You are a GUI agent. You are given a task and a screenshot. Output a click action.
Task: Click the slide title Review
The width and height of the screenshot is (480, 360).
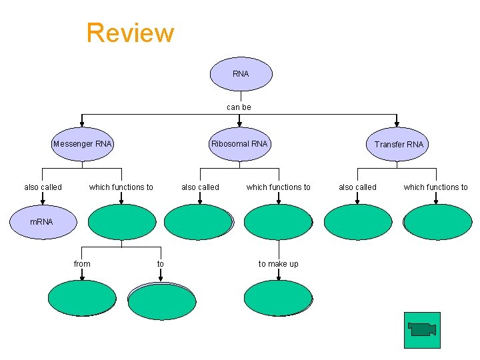[130, 32]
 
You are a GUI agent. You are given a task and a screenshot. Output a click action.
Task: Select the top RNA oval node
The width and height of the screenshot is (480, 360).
[241, 74]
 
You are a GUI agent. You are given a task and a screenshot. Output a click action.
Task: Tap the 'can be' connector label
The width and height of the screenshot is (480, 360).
[239, 107]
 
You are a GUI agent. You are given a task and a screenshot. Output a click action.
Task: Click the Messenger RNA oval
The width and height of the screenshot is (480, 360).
[83, 144]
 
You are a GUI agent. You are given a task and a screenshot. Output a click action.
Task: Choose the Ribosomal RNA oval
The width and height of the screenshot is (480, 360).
[239, 144]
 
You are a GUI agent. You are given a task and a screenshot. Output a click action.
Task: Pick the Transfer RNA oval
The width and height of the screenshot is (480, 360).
[398, 144]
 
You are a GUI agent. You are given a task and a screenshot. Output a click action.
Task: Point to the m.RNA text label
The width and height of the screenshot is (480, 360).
[41, 221]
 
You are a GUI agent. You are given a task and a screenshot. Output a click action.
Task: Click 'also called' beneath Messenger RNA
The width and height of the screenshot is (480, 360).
[43, 187]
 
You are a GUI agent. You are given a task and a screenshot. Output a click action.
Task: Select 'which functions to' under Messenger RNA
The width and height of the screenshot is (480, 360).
[121, 187]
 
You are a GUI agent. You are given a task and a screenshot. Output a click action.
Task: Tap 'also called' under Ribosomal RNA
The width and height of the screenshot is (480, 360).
[200, 187]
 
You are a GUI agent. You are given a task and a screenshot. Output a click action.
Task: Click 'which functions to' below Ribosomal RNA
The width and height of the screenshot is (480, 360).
[278, 187]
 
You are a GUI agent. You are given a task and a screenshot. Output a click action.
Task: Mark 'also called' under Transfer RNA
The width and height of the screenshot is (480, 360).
[357, 187]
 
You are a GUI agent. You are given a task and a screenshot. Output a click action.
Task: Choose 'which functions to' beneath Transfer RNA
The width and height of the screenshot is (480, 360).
[435, 187]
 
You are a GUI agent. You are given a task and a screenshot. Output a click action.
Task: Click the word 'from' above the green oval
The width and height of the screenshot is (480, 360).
[82, 264]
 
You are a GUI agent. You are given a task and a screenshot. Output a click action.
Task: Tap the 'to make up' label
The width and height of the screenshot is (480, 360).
[278, 264]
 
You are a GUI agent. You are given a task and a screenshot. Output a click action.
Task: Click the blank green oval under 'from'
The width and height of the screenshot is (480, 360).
[82, 298]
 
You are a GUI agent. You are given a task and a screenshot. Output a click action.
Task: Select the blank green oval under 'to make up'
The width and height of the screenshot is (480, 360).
[278, 298]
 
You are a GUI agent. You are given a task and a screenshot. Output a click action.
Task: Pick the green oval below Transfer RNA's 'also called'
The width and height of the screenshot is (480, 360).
[357, 222]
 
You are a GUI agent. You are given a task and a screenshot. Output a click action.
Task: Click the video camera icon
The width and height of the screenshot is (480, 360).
[422, 329]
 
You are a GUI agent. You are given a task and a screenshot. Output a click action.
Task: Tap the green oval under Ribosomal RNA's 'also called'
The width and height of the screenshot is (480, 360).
[199, 222]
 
